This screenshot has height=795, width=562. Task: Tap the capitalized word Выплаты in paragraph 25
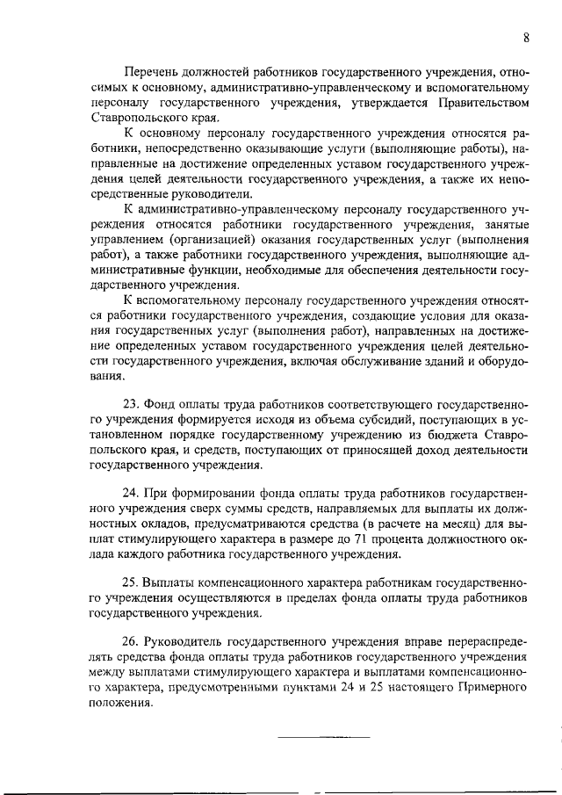pos(171,584)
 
